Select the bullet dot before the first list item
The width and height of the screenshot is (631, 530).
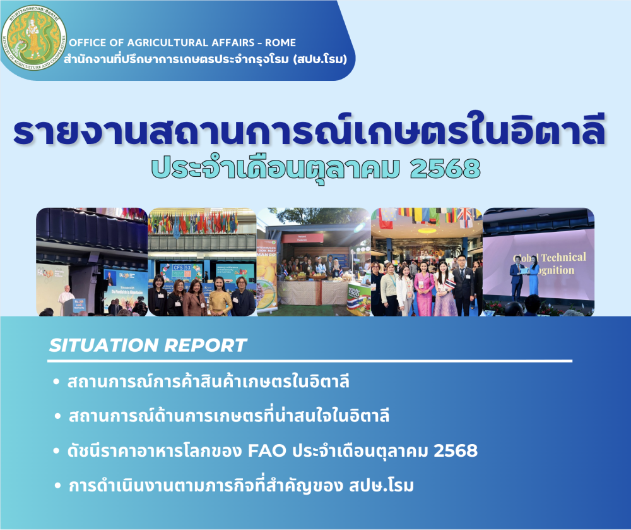pyautogui.click(x=57, y=383)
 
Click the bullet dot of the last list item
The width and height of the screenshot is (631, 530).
pyautogui.click(x=57, y=486)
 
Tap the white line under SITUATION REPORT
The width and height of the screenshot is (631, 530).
pyautogui.click(x=309, y=361)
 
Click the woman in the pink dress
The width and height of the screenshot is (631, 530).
pyautogui.click(x=425, y=290)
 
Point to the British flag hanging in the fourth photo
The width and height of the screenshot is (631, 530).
pyautogui.click(x=465, y=217)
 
